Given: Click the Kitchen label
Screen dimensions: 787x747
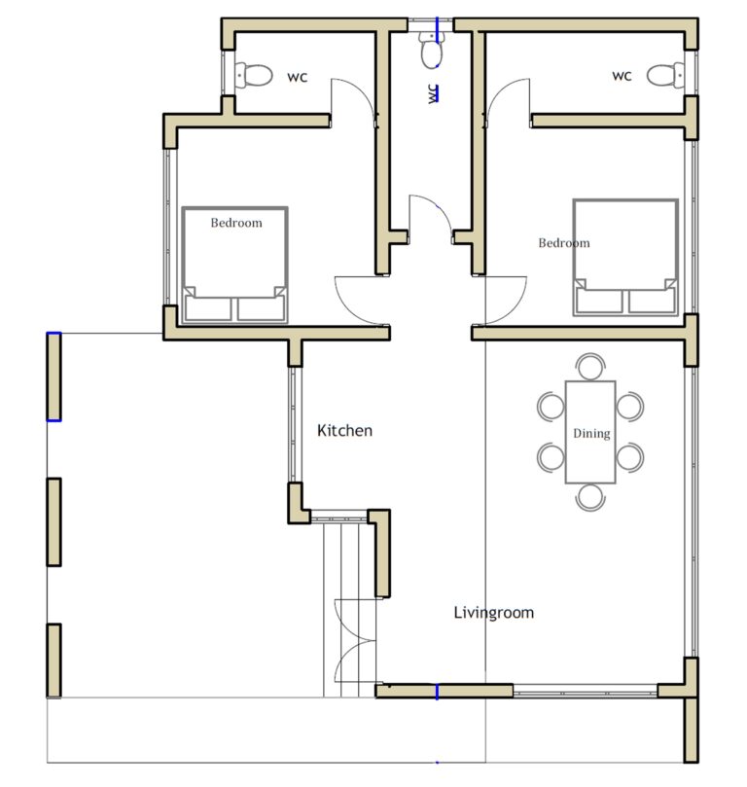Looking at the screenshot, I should tap(344, 430).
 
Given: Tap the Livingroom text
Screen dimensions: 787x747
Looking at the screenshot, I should tap(493, 613).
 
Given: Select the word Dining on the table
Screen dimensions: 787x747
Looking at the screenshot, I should tap(590, 434).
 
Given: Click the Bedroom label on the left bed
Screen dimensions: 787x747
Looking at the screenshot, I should tap(236, 223).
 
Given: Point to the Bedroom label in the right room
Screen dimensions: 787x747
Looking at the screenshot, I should tap(564, 243).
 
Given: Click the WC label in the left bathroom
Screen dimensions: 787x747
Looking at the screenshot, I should tap(297, 77).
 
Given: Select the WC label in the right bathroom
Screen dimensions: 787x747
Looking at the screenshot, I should tap(622, 76).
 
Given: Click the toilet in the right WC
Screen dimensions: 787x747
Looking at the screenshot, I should tap(665, 73).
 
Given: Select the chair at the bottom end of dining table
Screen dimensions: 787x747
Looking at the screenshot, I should tap(590, 496).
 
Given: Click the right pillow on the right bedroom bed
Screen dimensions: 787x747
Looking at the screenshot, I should tap(651, 301).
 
